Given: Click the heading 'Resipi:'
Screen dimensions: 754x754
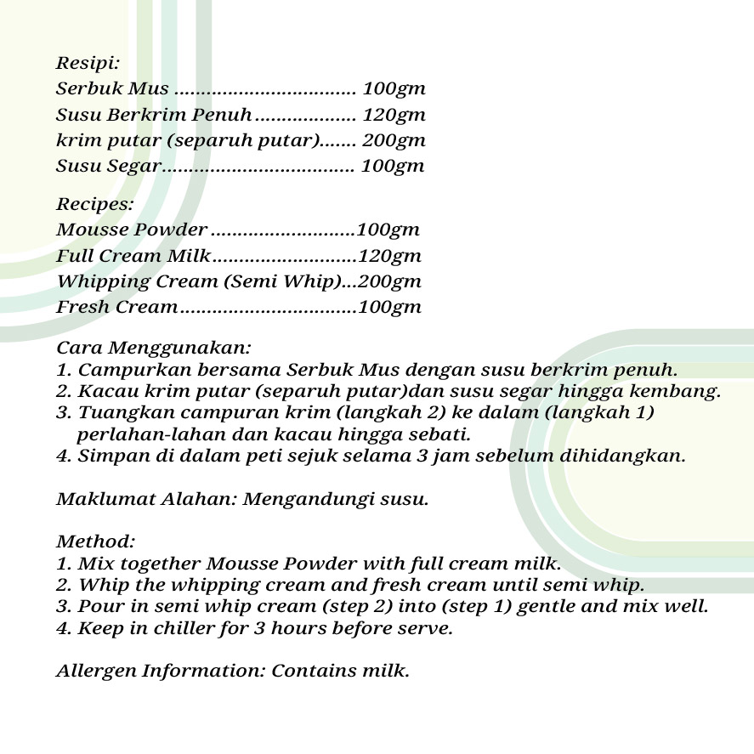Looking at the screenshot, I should point(88,63).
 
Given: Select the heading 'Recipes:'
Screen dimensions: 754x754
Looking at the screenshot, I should point(94,204).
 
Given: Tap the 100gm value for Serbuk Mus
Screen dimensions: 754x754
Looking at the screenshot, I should point(394,89).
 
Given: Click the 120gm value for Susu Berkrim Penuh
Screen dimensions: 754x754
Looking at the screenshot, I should point(394,115).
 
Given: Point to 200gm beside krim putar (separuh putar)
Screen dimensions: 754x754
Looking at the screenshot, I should point(394,140).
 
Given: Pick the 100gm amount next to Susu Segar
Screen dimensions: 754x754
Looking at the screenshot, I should point(393,166).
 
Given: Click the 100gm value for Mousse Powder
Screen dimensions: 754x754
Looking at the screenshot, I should point(388,230).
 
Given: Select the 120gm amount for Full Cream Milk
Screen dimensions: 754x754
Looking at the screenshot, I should point(390,256).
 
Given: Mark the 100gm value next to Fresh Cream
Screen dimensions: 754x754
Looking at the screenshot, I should point(390,307).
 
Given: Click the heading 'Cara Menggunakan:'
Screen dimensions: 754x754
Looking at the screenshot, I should point(153,348).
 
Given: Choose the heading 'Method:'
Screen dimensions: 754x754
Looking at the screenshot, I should point(95,541).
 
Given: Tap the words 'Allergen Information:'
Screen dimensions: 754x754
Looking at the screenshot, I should point(161,671).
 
